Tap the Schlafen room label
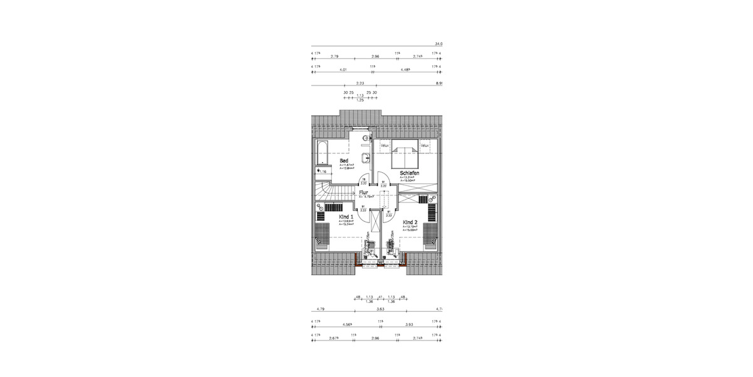coord(409,173)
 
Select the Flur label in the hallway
coord(363,193)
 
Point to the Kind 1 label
coord(346,216)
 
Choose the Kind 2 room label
coord(410,222)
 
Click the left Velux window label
coord(385,146)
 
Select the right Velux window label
coord(425,146)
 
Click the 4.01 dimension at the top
coord(343,70)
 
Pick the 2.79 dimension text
coord(343,57)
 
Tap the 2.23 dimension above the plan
coord(360,83)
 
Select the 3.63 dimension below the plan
coord(380,309)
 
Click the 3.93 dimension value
coord(409,325)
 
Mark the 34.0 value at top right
coord(439,44)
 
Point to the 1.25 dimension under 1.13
coord(360,100)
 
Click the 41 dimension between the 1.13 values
coord(380,297)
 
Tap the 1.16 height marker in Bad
coord(323,170)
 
